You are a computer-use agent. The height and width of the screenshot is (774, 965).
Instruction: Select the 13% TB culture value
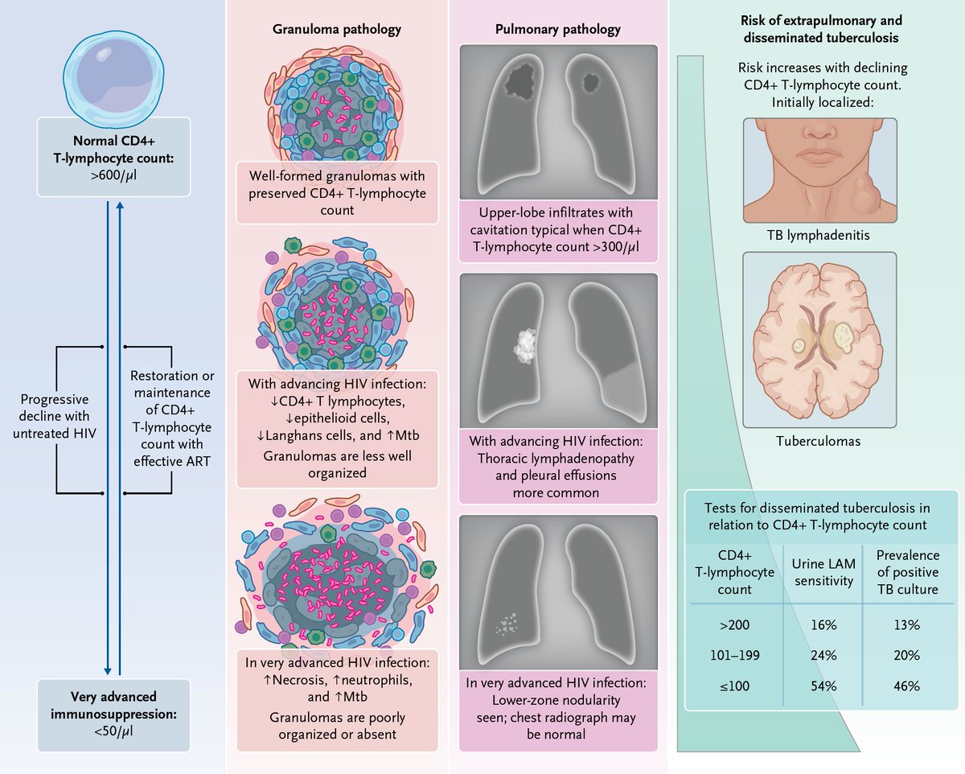click(905, 624)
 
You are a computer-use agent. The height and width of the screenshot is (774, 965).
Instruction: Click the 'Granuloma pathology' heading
click(337, 30)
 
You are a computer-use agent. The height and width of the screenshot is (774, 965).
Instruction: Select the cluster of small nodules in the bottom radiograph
click(507, 622)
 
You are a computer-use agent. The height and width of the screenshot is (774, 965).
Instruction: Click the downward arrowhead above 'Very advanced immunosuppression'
click(108, 670)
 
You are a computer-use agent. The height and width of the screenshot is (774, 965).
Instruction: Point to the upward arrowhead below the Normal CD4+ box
click(120, 205)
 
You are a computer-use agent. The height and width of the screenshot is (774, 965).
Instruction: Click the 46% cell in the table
click(905, 686)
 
